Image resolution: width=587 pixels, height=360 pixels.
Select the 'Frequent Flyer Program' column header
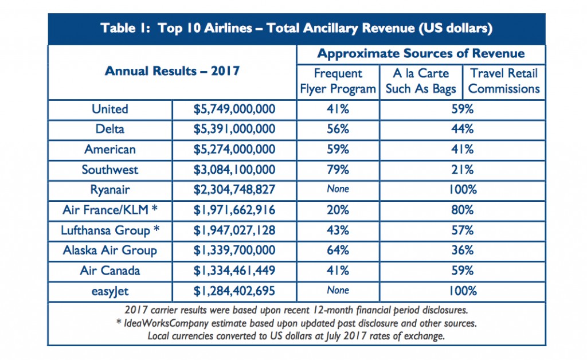click(338, 81)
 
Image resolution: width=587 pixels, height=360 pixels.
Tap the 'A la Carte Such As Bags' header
click(421, 81)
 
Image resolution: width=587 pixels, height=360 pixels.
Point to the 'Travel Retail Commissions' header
click(504, 81)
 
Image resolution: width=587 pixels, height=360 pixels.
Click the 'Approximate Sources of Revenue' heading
click(421, 54)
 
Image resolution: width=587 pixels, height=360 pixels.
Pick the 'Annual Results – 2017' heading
click(172, 71)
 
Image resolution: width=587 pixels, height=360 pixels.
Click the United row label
click(110, 109)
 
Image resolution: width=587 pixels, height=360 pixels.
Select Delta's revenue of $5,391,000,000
click(234, 129)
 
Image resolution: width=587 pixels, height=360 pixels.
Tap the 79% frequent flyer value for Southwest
click(338, 170)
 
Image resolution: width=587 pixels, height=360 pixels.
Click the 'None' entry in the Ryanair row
click(338, 190)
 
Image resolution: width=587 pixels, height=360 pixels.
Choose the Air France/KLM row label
click(110, 210)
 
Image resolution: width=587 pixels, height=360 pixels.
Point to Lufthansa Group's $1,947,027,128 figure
click(234, 230)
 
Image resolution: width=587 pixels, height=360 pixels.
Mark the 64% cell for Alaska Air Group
click(338, 250)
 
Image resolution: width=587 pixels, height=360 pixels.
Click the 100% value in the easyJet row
click(462, 291)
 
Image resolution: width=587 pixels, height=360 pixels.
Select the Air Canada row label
click(110, 270)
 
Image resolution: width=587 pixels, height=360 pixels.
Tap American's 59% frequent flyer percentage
click(338, 149)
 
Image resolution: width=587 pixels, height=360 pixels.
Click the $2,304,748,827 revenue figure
click(234, 190)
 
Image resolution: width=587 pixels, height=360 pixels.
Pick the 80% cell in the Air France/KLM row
click(462, 210)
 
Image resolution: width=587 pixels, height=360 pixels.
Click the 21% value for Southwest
click(462, 170)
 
